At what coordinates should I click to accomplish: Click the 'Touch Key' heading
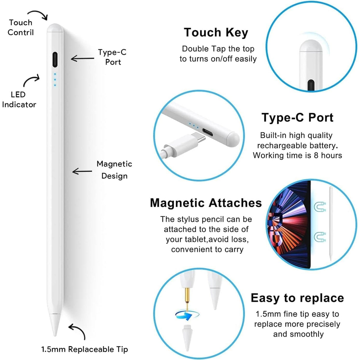[216, 32]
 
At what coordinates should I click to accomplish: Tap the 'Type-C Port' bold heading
[297, 118]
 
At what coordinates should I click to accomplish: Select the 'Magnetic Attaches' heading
[206, 203]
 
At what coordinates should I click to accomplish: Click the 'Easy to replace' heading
[297, 298]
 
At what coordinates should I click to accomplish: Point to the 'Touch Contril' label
[20, 28]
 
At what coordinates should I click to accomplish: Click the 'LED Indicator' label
[19, 99]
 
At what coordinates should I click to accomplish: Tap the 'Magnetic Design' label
[114, 170]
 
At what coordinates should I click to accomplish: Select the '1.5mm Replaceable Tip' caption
[85, 349]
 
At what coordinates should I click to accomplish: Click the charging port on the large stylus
[55, 60]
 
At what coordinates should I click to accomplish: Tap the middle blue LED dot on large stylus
[55, 79]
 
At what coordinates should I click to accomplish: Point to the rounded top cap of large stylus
[55, 28]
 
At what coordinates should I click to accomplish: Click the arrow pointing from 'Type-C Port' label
[82, 58]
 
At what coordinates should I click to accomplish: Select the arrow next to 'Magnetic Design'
[82, 171]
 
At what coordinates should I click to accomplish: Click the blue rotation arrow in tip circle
[184, 315]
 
